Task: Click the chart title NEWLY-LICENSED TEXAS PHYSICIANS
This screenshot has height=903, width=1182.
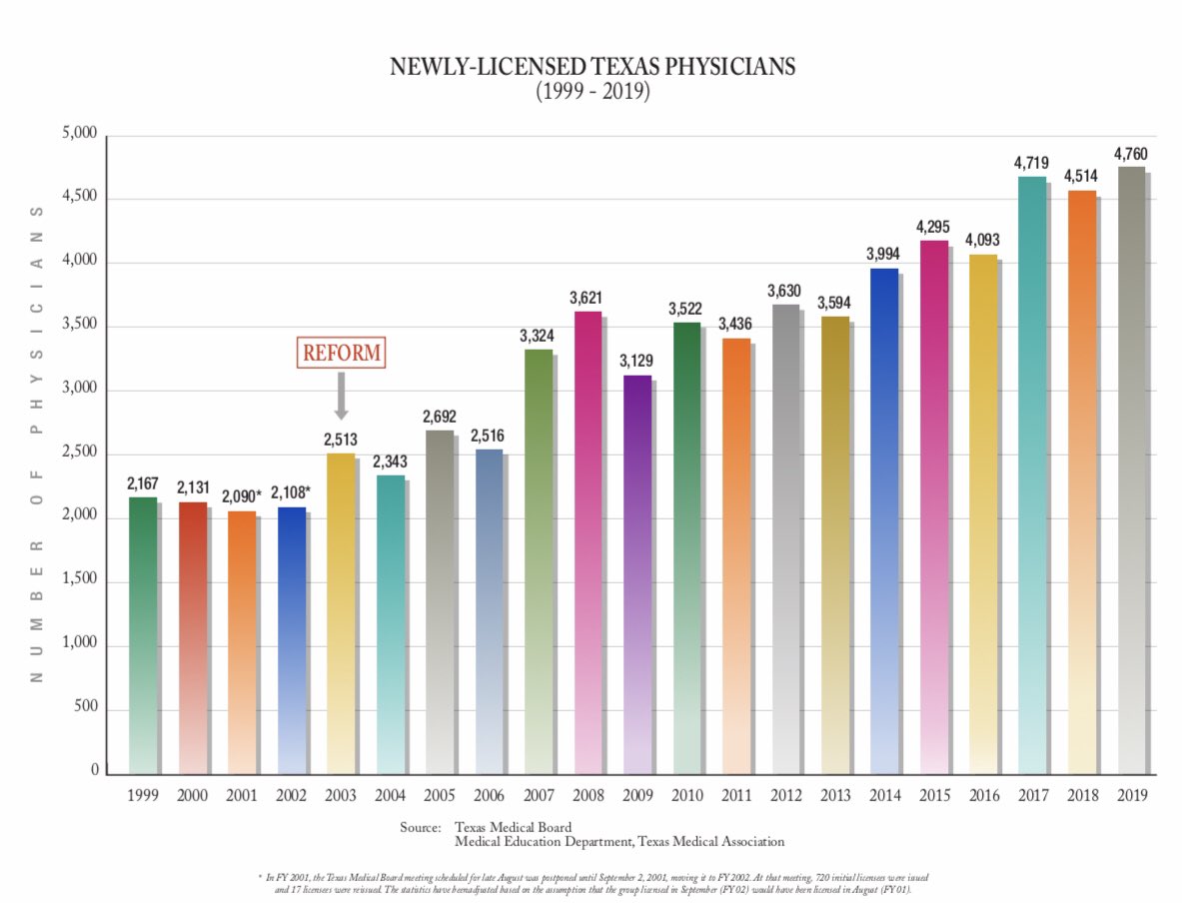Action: [x=592, y=68]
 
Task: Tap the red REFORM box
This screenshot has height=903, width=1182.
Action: [x=341, y=353]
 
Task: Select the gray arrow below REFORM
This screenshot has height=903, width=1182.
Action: [x=341, y=396]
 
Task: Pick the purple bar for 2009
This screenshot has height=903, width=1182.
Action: [x=635, y=574]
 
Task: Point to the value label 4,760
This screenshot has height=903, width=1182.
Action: [x=1129, y=154]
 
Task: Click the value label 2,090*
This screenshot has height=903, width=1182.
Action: [x=241, y=496]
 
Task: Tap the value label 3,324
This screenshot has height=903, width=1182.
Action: [x=538, y=336]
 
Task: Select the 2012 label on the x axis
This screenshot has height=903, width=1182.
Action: [x=785, y=796]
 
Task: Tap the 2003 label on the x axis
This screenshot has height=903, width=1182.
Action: [x=340, y=796]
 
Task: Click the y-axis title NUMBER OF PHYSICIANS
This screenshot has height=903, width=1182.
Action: [x=37, y=445]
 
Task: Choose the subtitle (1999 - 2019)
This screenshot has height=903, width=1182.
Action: [x=592, y=92]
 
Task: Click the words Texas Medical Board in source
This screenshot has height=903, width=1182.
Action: [x=513, y=827]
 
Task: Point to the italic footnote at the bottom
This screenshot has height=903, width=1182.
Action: [x=592, y=882]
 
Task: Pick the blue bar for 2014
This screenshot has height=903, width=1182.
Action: [x=883, y=519]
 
